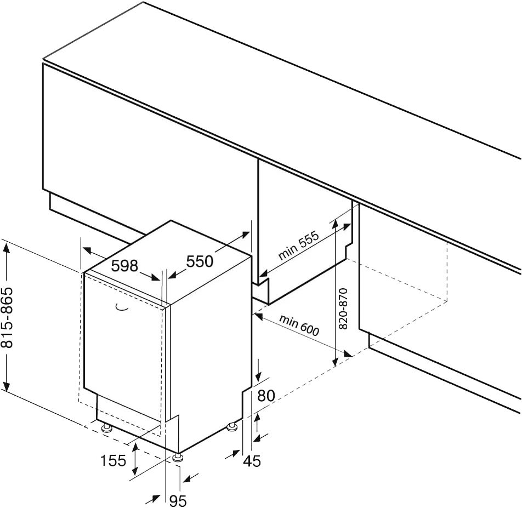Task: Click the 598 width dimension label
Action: click(x=124, y=266)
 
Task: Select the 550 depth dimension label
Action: click(x=200, y=261)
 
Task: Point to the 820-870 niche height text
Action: click(x=344, y=309)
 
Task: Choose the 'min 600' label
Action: click(x=299, y=326)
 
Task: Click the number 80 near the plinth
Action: click(x=265, y=395)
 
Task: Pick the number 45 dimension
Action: click(x=252, y=461)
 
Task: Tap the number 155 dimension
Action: click(x=113, y=460)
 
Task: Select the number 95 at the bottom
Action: click(x=177, y=500)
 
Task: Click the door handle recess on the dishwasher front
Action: click(x=122, y=309)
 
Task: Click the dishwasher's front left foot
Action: click(x=106, y=427)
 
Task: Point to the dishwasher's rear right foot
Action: click(x=233, y=425)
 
